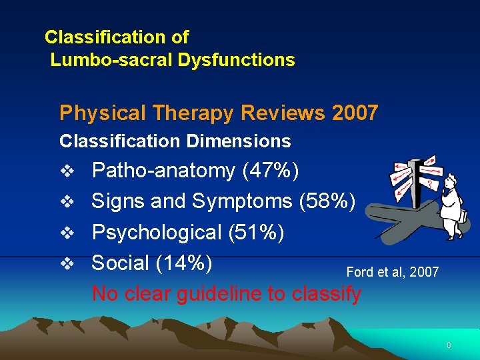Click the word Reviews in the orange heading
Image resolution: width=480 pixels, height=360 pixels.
[x=283, y=113]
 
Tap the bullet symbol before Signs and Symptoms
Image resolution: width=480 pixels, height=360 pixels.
[x=65, y=202]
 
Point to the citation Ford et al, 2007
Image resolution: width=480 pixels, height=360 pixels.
[x=393, y=271]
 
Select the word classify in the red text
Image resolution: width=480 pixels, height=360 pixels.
[x=327, y=293]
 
